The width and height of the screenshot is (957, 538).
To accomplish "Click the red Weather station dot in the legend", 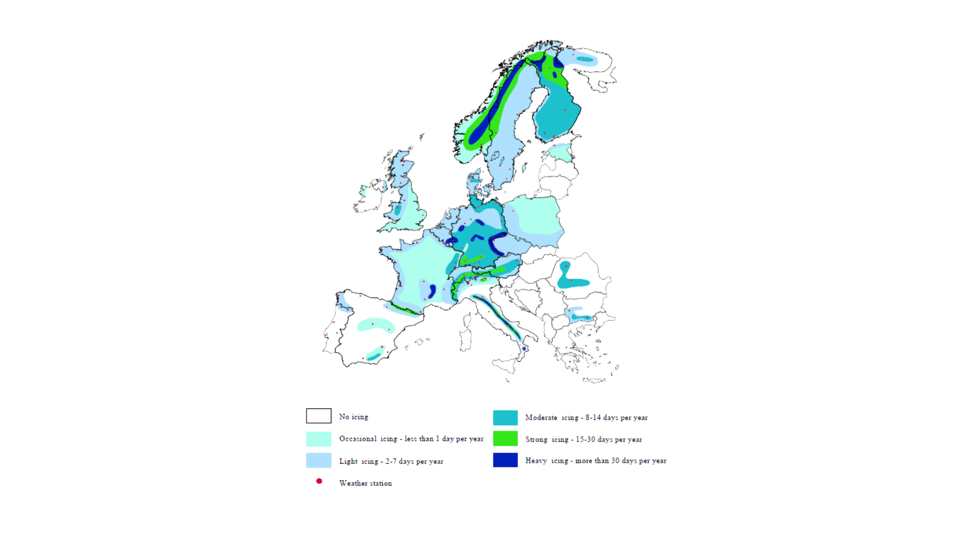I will click(319, 481).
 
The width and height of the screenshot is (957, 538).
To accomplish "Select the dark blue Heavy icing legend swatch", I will click(505, 460).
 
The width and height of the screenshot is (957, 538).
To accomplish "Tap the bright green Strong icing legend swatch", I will click(505, 438).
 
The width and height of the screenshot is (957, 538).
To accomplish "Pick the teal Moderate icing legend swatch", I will click(505, 417).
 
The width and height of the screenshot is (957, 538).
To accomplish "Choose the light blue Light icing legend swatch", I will click(319, 460).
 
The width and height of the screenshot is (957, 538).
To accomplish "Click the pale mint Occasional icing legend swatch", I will click(319, 439).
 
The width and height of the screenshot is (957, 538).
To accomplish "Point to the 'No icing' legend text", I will click(353, 416).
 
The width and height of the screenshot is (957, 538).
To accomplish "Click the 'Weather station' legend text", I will click(365, 483).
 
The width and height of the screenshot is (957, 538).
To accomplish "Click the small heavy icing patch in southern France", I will click(432, 291).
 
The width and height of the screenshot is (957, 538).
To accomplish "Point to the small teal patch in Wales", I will click(398, 209).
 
